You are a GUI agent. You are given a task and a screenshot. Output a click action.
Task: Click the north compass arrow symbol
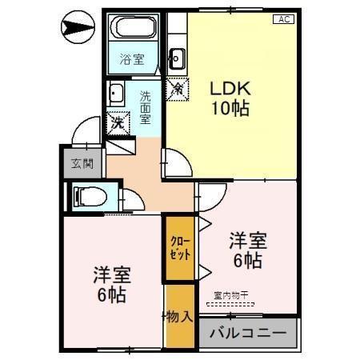click(77, 29)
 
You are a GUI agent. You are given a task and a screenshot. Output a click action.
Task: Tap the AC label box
click(282, 19)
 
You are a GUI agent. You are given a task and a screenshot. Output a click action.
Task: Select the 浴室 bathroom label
click(131, 58)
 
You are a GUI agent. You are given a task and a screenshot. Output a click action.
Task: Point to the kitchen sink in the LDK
click(176, 58)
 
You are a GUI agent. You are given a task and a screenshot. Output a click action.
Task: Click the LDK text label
click(229, 88)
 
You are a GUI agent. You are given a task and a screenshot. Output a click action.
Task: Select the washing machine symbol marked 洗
click(118, 123)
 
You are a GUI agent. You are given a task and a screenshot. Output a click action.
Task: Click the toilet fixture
click(87, 196)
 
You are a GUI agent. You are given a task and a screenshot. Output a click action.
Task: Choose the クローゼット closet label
click(180, 248)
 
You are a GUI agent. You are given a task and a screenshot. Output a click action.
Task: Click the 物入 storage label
click(182, 316)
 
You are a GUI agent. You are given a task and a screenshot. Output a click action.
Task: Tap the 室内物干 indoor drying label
click(231, 295)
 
